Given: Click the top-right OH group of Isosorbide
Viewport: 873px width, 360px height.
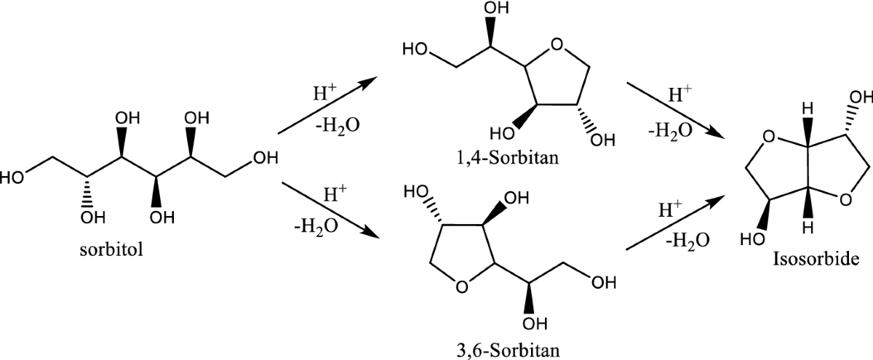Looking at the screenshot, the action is pyautogui.click(x=858, y=97).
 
